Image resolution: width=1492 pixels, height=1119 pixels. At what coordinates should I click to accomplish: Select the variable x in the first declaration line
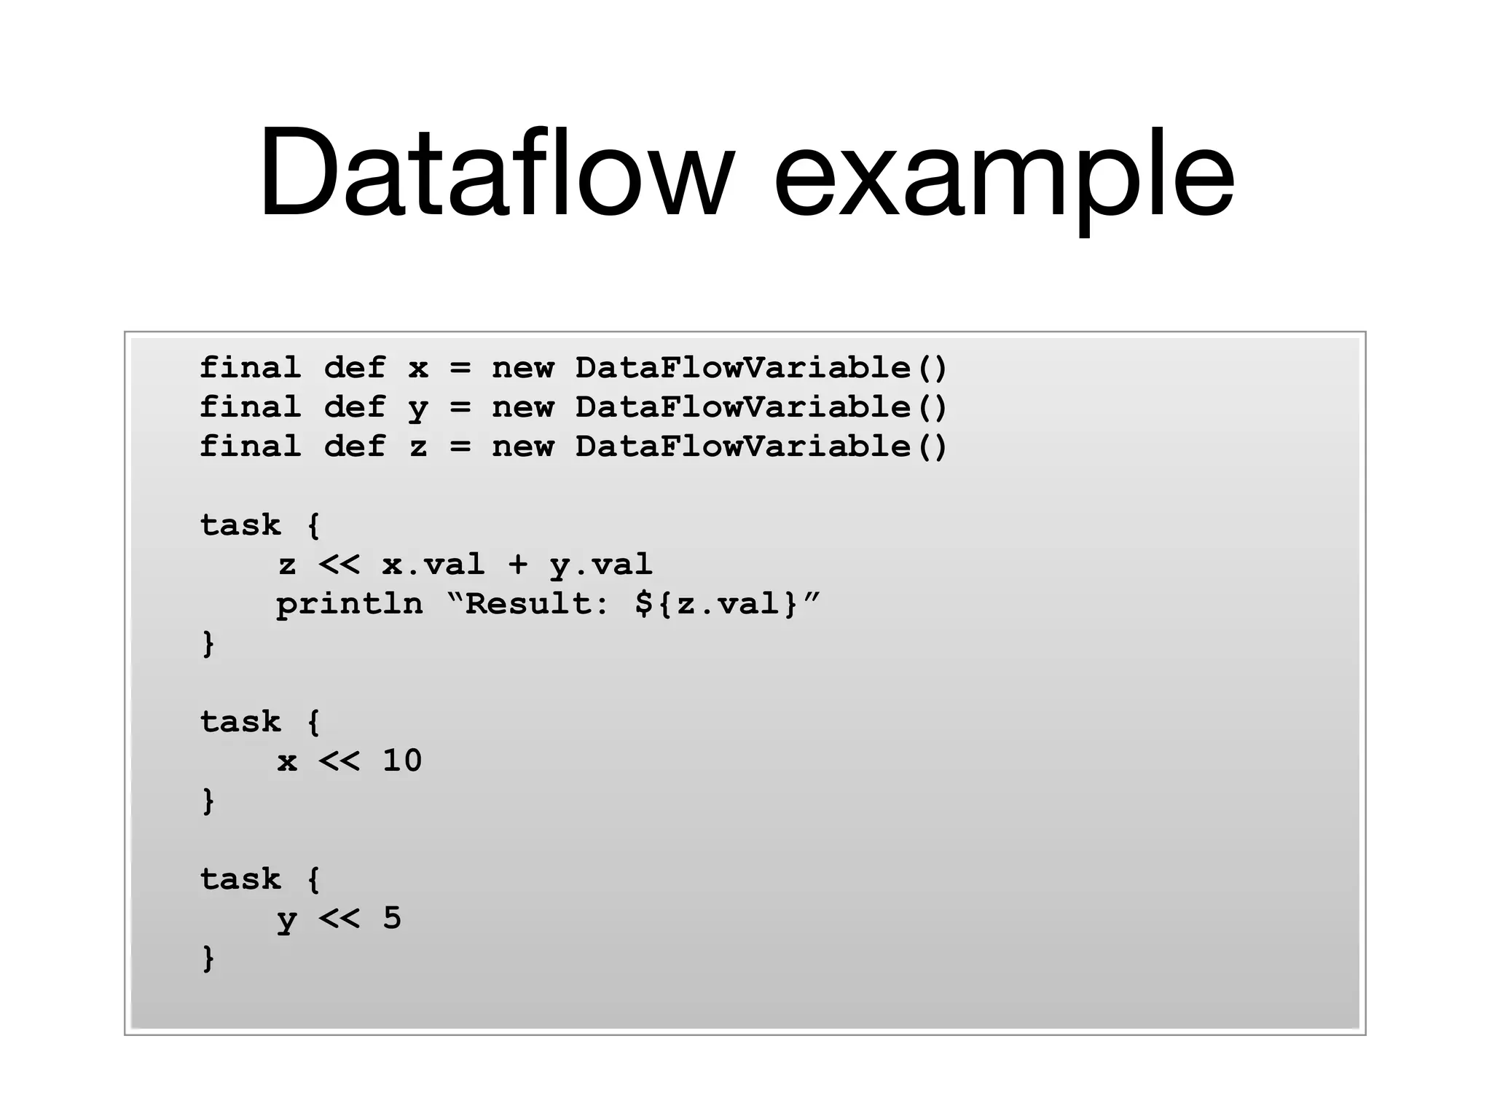click(417, 368)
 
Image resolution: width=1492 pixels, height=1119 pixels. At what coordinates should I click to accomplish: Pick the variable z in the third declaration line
click(417, 447)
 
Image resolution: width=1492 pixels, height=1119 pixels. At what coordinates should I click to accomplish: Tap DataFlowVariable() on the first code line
click(761, 368)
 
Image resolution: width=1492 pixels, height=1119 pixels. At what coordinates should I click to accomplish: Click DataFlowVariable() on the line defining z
click(761, 447)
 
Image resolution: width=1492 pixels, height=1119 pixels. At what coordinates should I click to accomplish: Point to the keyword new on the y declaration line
click(522, 407)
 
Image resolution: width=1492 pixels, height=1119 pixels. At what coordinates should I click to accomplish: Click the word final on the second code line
click(250, 407)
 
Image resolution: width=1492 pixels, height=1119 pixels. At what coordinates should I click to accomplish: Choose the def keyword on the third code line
click(354, 447)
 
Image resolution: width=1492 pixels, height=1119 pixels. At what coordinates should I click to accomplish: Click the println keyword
click(349, 605)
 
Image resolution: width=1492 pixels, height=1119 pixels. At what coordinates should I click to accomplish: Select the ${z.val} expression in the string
click(717, 604)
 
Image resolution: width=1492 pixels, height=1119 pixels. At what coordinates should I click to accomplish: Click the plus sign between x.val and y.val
click(518, 565)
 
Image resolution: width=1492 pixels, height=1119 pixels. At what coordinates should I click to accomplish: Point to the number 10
click(402, 761)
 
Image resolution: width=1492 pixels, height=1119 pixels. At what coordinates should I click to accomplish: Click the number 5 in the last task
click(392, 918)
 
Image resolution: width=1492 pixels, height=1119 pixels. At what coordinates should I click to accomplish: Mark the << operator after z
click(339, 565)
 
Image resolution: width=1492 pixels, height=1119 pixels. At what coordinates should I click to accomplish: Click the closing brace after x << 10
click(208, 801)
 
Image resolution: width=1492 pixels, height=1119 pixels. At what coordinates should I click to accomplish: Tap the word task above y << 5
click(240, 879)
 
